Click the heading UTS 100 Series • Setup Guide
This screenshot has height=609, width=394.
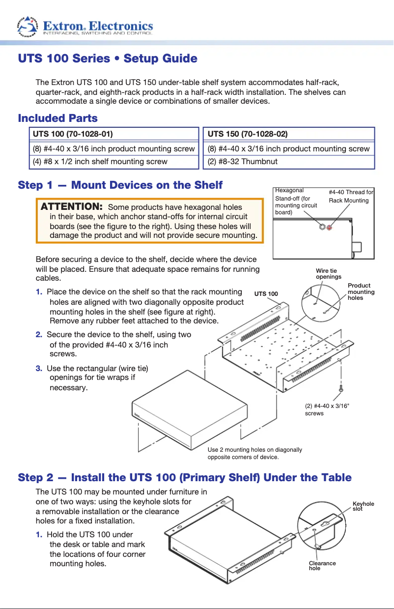coord(108,58)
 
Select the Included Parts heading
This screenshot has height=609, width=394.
coord(57,118)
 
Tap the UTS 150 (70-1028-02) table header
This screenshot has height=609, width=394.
coord(248,134)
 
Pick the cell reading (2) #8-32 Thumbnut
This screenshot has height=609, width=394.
coord(243,161)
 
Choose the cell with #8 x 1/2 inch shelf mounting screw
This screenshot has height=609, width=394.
coord(100,161)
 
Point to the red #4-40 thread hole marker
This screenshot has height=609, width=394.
coord(330,227)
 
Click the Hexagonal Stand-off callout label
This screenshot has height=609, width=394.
coord(296,201)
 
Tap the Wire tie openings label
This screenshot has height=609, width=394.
coord(328,274)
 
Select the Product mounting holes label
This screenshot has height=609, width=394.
coord(361,291)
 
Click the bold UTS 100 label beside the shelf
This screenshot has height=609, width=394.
coord(266,294)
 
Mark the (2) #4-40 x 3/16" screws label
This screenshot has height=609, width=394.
coord(327,409)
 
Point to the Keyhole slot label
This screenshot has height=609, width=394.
coord(363,506)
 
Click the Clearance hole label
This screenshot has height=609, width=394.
coord(322,565)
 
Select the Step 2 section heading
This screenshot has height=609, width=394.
coord(185,477)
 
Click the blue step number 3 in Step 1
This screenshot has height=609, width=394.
coord(38,368)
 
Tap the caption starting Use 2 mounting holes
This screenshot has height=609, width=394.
coord(254,453)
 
